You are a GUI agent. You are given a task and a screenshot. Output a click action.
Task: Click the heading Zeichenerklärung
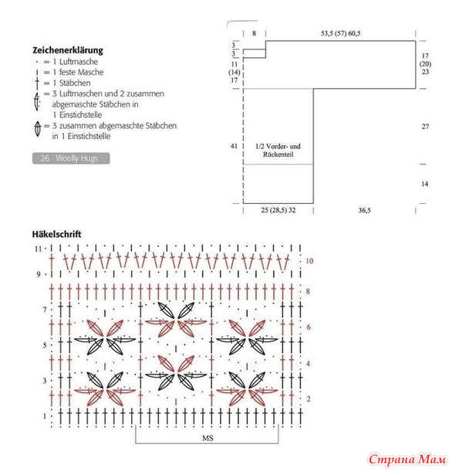tap(68, 50)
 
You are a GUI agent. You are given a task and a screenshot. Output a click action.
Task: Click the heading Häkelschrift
tap(57, 234)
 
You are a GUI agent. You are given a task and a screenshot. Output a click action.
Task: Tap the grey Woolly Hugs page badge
tap(71, 158)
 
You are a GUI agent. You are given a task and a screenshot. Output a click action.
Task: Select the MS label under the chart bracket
tap(207, 438)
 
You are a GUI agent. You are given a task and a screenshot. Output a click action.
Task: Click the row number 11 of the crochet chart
tap(38, 249)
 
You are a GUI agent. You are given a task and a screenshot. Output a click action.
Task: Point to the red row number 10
tap(309, 261)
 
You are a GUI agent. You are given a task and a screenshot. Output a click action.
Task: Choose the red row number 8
tap(308, 291)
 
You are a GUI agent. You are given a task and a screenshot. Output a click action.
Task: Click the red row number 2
tap(309, 399)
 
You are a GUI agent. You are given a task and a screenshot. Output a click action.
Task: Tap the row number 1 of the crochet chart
tap(45, 416)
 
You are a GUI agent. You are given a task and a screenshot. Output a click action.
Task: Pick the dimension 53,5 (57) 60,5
tap(341, 33)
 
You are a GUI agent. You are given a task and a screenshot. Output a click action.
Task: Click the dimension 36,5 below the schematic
tap(364, 210)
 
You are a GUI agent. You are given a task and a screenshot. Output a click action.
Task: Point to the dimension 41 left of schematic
tap(234, 146)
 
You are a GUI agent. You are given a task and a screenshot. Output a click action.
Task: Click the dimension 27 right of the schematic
tap(425, 127)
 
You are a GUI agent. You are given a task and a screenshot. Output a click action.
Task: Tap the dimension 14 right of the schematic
tap(424, 184)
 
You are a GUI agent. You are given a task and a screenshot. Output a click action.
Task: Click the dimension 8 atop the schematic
tap(255, 33)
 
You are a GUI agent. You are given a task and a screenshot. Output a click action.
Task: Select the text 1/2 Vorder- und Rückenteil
tap(278, 151)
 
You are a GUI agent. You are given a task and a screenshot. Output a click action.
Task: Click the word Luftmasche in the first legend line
tap(79, 62)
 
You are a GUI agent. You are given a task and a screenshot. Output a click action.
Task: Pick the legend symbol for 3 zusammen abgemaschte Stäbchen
tap(38, 128)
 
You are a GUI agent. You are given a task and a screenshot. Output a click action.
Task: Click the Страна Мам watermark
tap(407, 459)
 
